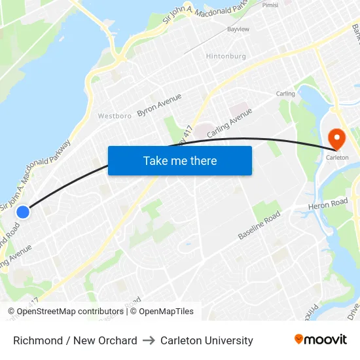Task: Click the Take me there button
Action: [x=180, y=161]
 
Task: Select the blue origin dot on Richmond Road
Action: [x=23, y=211]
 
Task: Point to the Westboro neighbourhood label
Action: [x=115, y=116]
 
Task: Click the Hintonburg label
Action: [x=226, y=56]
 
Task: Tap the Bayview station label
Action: [x=238, y=29]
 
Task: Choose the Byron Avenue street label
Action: [x=159, y=106]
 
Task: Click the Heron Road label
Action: [x=329, y=205]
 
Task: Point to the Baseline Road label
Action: [x=259, y=225]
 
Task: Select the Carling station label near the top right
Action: [x=285, y=94]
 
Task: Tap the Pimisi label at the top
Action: [x=270, y=4]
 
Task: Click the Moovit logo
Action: [x=320, y=339]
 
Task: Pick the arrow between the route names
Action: [x=149, y=340]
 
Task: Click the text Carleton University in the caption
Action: [x=206, y=340]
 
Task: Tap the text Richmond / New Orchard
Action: [x=75, y=340]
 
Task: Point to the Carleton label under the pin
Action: [x=337, y=157]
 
